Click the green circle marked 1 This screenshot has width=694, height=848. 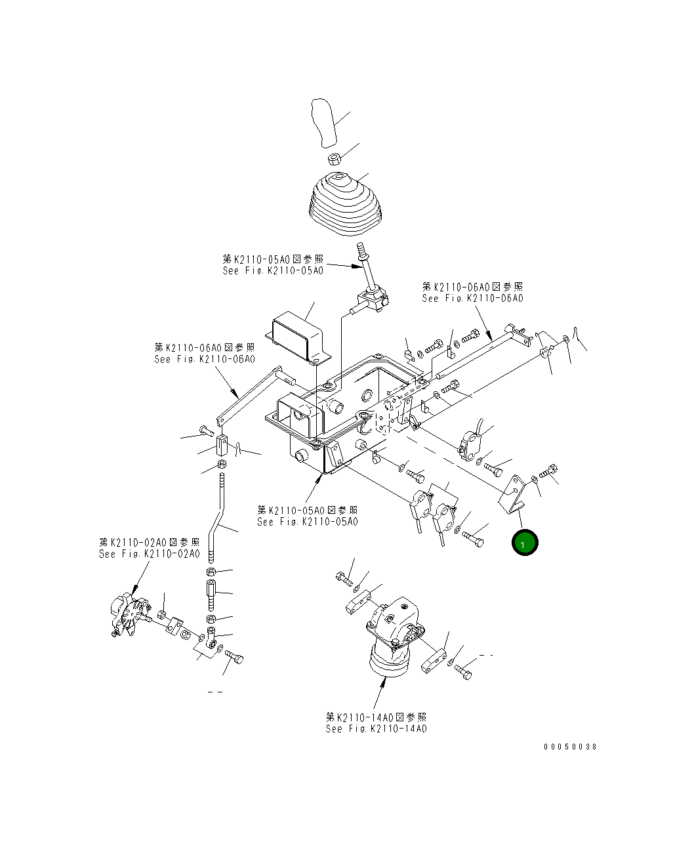pos(525,543)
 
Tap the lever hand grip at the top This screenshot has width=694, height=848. pos(323,122)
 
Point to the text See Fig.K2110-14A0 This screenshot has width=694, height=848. pos(376,729)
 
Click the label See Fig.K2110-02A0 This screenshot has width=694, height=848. pos(150,554)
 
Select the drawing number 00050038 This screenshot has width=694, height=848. pos(569,747)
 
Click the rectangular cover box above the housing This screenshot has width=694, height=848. pos(298,337)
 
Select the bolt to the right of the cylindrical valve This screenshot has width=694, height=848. pos(464,673)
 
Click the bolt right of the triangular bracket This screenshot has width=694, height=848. pos(548,471)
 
